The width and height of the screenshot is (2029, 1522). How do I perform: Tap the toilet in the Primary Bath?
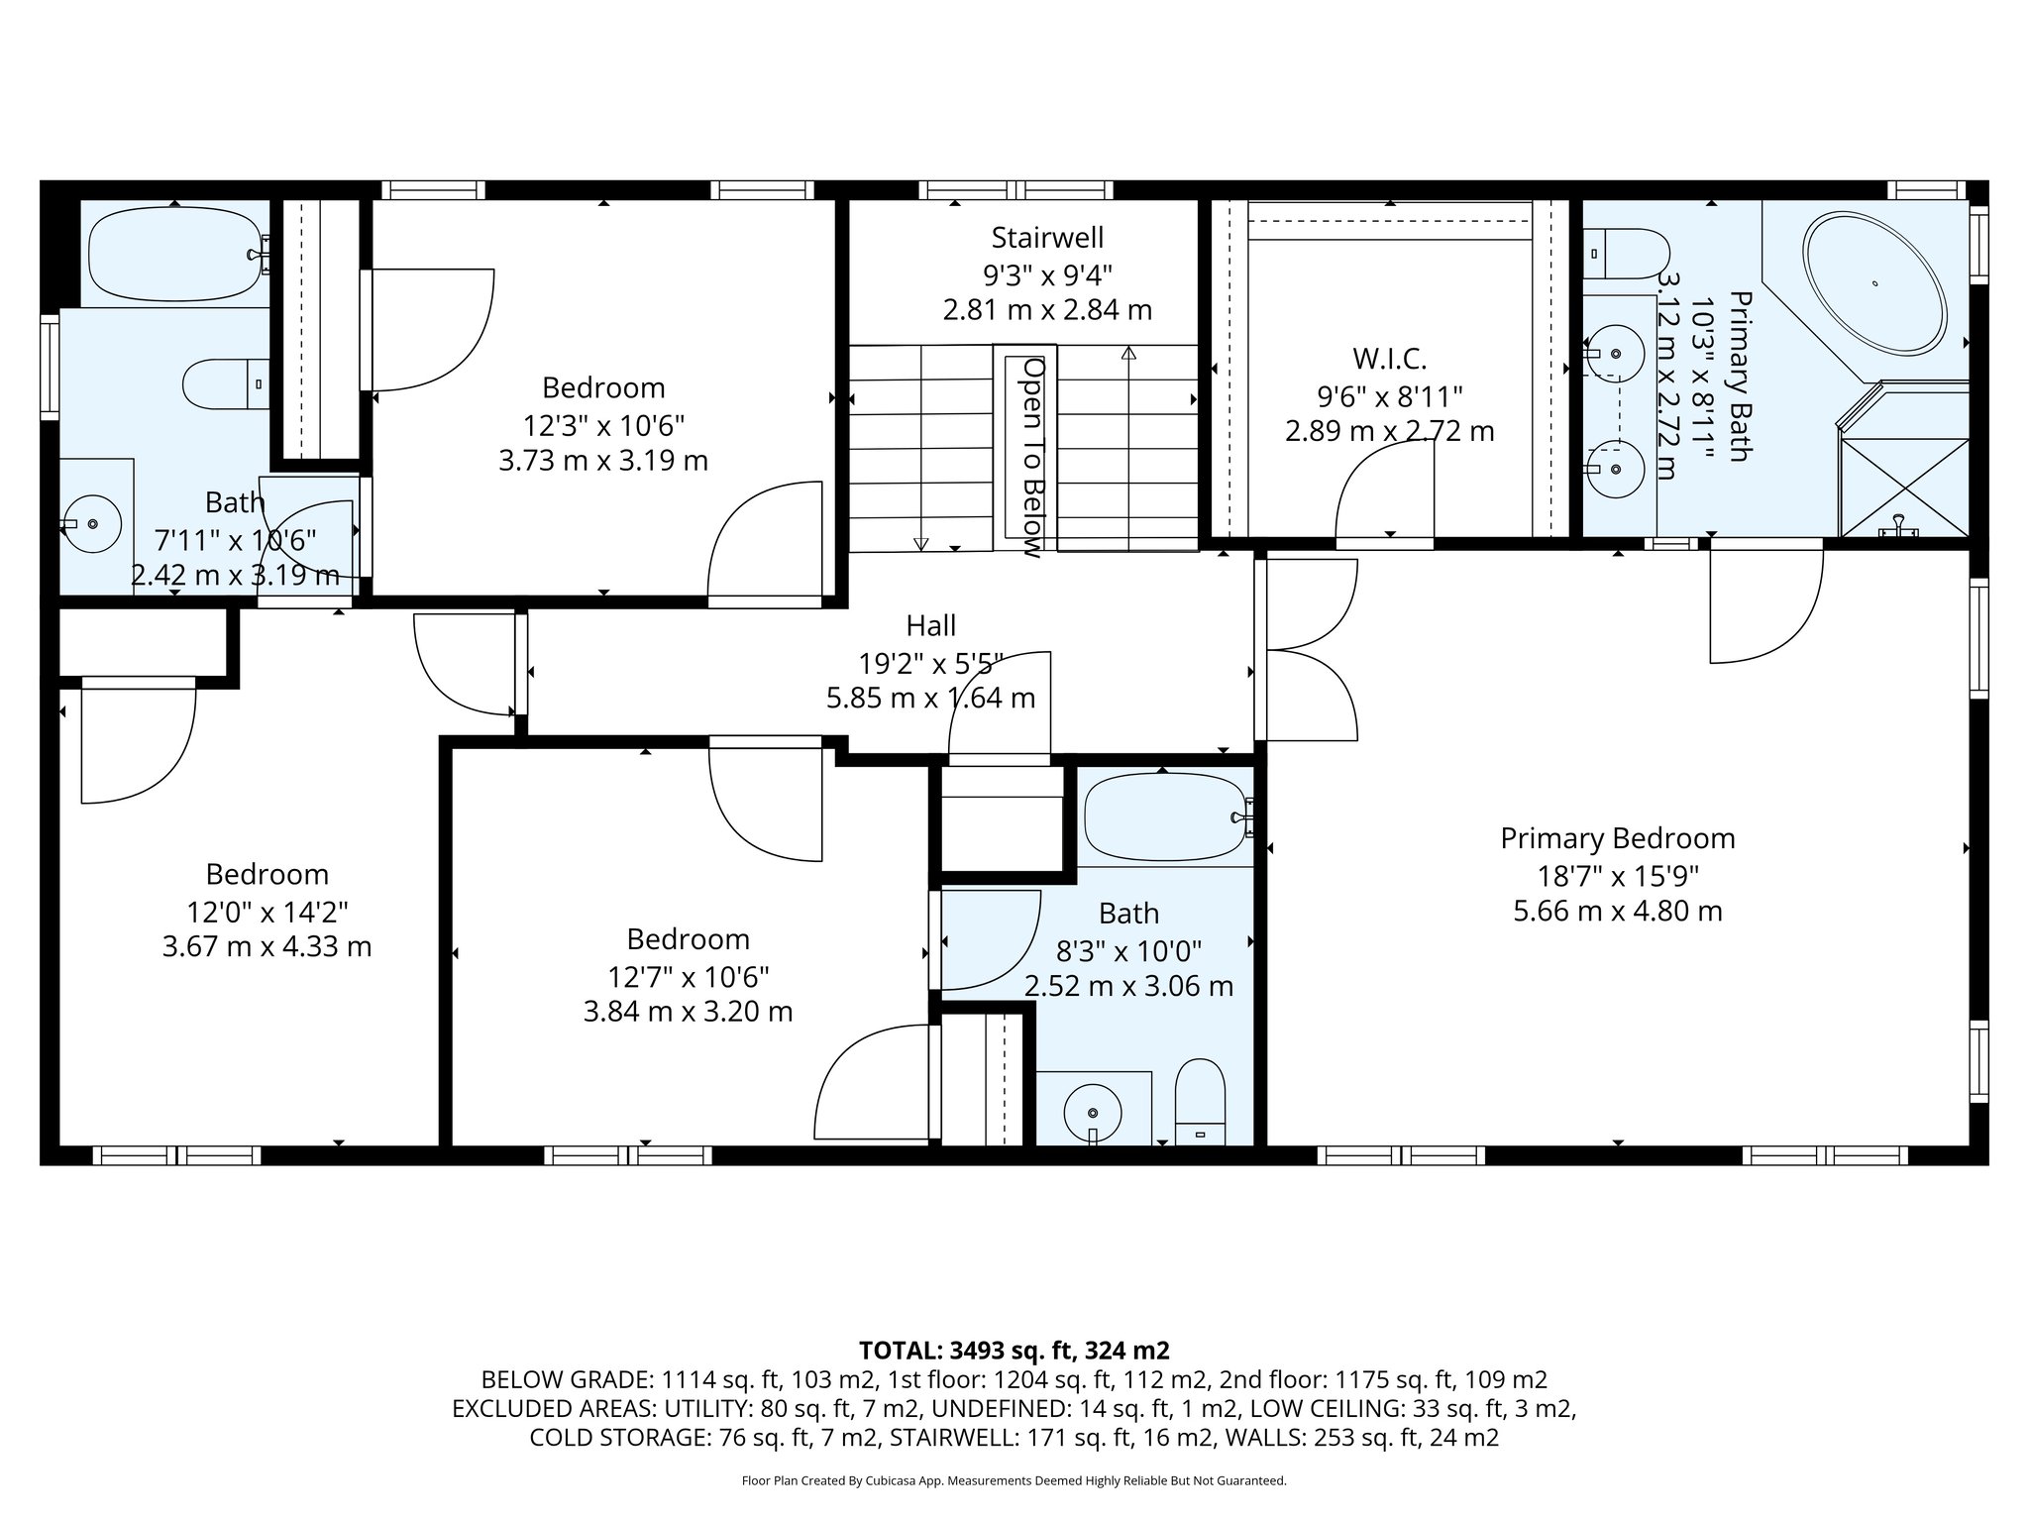(x=1626, y=253)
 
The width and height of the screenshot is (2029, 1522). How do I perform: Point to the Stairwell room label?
(x=1047, y=238)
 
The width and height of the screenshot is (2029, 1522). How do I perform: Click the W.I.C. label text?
(x=1389, y=359)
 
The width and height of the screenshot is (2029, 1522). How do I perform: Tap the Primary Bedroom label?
(x=1617, y=838)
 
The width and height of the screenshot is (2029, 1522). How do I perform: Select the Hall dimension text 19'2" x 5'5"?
(x=930, y=662)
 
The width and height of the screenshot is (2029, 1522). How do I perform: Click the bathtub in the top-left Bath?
(x=175, y=254)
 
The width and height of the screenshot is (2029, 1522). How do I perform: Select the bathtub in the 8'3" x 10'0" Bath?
(x=1164, y=818)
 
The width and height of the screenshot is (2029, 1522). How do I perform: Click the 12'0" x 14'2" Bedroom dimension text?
(x=267, y=911)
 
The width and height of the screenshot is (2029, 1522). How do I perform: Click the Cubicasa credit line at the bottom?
(x=1014, y=1480)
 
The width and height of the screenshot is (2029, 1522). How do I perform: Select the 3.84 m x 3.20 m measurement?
(x=688, y=1012)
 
